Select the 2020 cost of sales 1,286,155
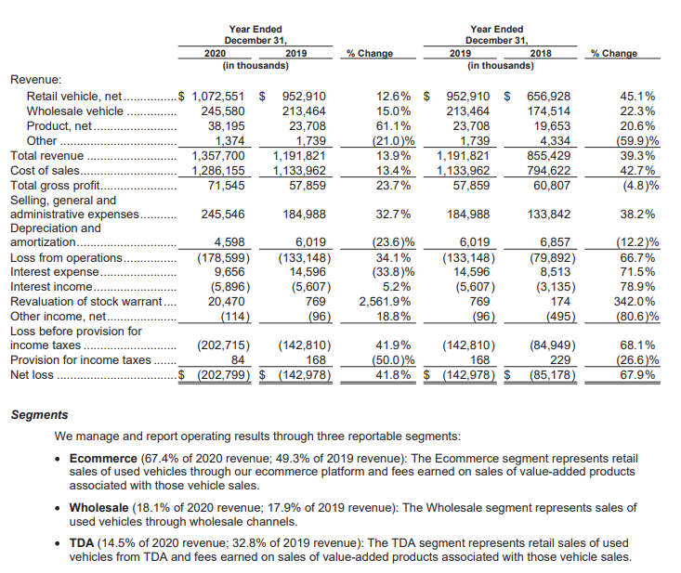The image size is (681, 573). [218, 171]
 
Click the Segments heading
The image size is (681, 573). [39, 415]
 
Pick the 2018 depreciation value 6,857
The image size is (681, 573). [553, 242]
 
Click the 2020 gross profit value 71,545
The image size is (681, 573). [226, 186]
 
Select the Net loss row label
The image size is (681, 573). [32, 376]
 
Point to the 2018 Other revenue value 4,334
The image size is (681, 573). [555, 141]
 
